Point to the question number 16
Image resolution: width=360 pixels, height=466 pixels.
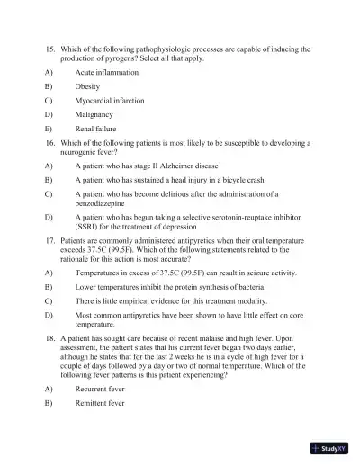(x=50, y=143)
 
